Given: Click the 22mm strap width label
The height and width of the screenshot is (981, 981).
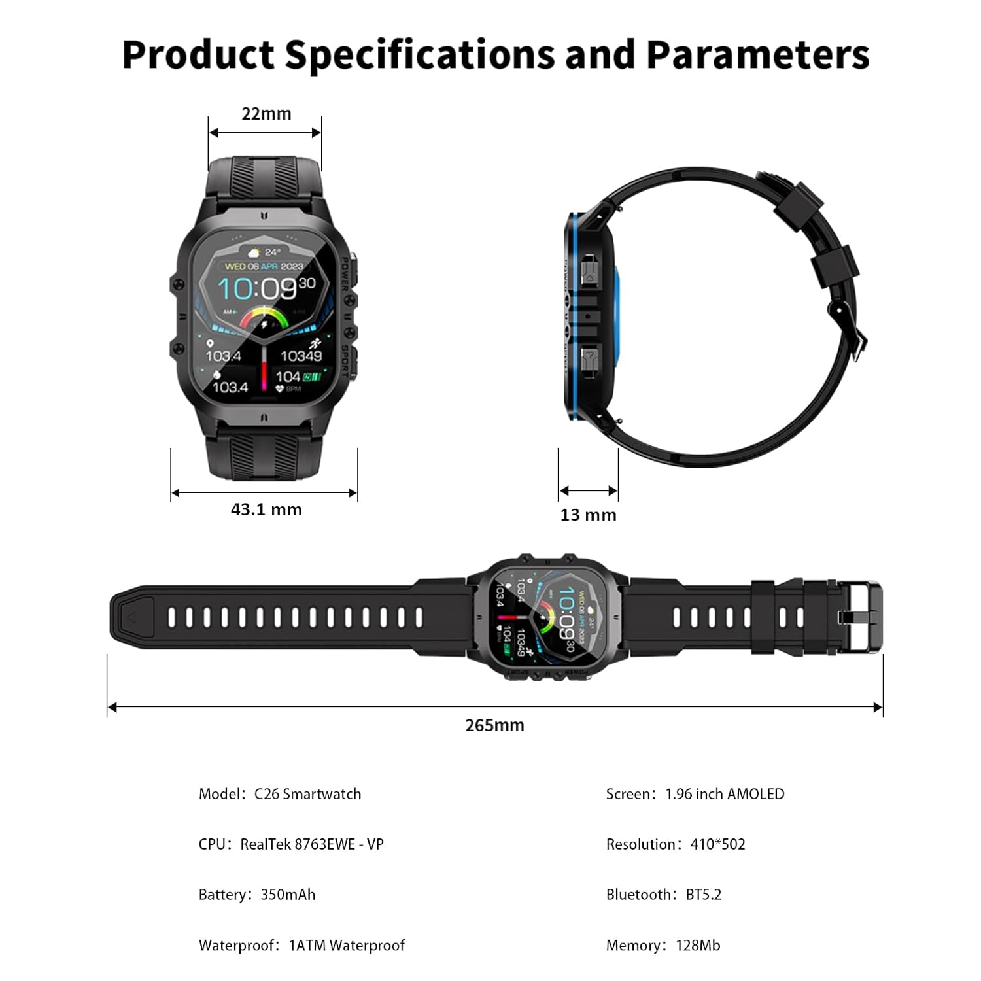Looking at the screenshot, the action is [x=266, y=114].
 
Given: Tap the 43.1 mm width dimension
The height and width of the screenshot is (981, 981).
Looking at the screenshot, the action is [x=266, y=509].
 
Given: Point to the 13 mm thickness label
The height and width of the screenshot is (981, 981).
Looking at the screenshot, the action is [x=588, y=515].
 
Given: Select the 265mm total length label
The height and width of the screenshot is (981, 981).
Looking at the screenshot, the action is [x=494, y=725].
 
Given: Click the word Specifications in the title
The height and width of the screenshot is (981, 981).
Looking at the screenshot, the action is [x=419, y=55].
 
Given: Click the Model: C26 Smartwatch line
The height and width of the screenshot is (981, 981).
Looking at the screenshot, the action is [x=280, y=794].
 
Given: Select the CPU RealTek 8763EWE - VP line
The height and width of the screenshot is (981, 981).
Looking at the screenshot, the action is [x=291, y=844].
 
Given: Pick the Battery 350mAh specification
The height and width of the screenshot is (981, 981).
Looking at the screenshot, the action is [x=257, y=895].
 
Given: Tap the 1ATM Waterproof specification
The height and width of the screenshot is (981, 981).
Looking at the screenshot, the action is [x=301, y=946].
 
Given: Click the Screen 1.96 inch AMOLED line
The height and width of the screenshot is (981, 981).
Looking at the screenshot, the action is [x=695, y=794].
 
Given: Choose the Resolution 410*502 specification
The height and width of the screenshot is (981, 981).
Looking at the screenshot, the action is [x=676, y=844].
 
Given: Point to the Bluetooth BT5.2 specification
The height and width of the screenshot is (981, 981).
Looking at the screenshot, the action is [x=664, y=895].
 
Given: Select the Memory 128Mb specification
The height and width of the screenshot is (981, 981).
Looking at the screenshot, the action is [x=663, y=946].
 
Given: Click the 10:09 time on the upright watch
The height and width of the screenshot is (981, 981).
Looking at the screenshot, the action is [x=258, y=288].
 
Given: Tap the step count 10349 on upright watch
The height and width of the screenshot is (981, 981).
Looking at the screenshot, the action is [x=301, y=356].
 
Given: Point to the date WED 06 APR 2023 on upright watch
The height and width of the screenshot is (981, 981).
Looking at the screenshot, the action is [x=264, y=266].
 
